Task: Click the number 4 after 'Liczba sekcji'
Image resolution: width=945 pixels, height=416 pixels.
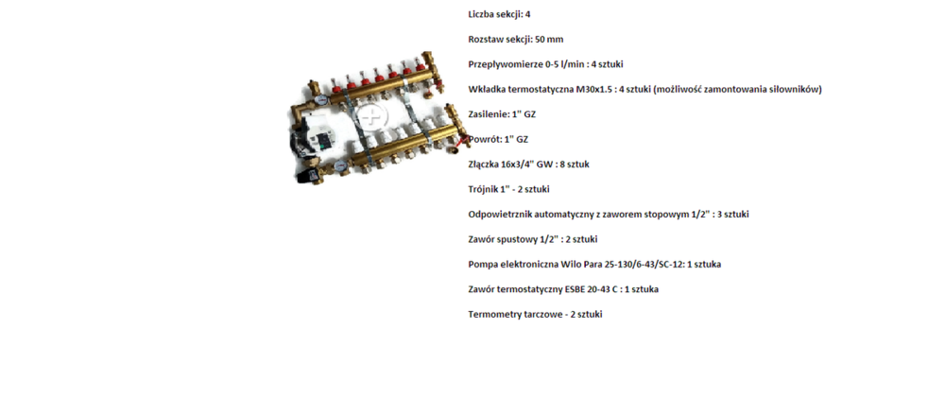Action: coord(528,14)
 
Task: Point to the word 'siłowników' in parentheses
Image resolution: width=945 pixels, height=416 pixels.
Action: coord(798,89)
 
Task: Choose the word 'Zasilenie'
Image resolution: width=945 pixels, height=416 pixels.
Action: coord(488,114)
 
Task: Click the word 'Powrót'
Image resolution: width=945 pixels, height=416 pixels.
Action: coord(484,139)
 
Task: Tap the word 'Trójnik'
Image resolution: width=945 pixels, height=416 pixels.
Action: coord(483,189)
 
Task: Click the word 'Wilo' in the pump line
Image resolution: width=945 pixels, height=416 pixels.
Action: coord(570,265)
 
